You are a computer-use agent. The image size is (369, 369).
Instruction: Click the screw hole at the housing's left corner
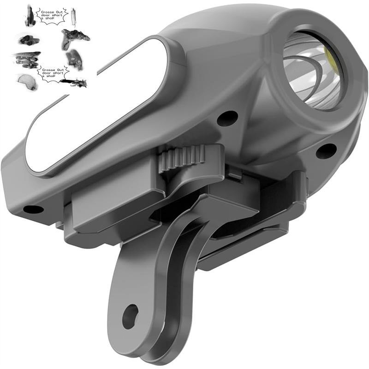(x=33, y=209)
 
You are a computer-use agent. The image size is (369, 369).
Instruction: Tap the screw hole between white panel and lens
(x=227, y=118)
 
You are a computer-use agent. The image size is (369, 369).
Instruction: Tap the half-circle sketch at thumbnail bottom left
(x=26, y=82)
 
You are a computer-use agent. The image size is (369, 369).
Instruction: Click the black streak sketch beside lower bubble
(x=76, y=83)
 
